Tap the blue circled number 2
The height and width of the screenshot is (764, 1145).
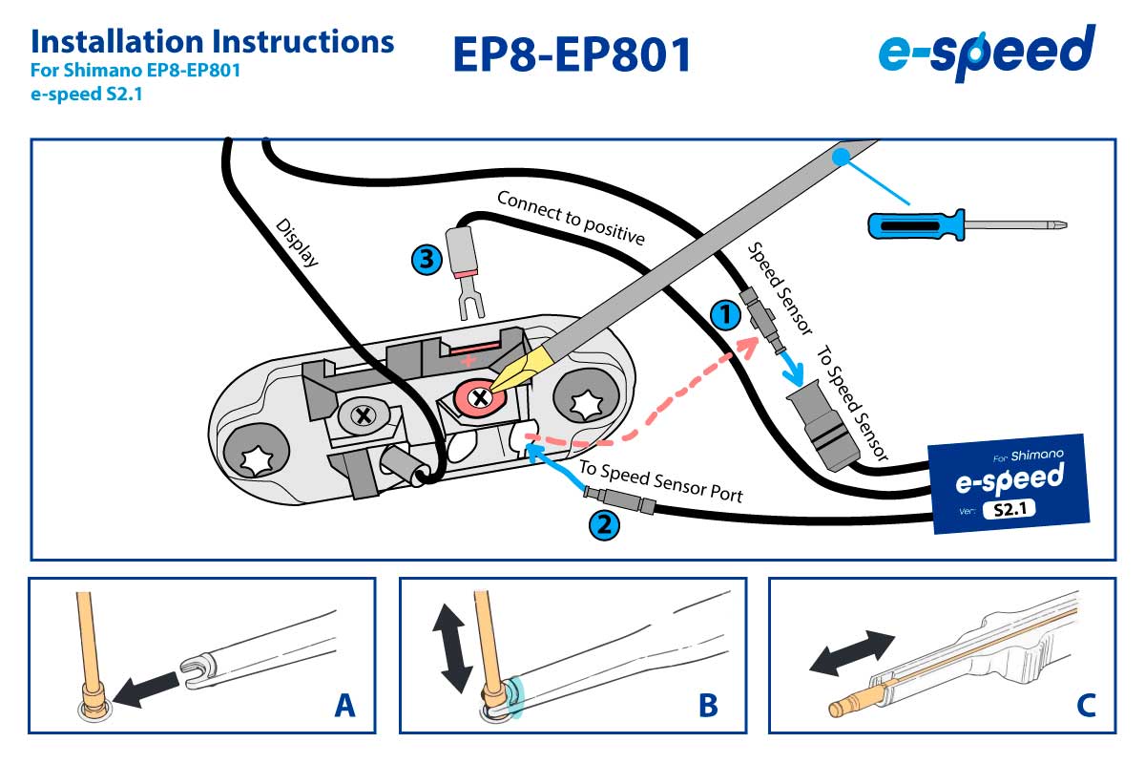[x=604, y=523]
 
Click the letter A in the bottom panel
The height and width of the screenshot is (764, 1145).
[x=345, y=705]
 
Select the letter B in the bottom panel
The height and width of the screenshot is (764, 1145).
[x=707, y=705]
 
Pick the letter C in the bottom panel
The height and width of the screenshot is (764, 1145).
[x=1086, y=705]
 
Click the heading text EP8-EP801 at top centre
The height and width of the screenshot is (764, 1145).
[x=572, y=54]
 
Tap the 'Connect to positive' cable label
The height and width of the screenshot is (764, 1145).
[x=571, y=217]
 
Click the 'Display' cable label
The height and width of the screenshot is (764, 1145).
[x=296, y=244]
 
